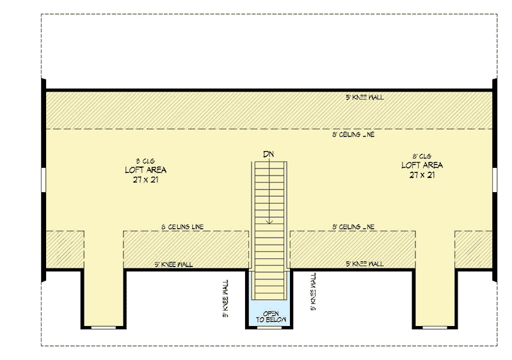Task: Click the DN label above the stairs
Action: click(270, 154)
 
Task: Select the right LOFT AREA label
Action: click(422, 165)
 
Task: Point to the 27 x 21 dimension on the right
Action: click(422, 174)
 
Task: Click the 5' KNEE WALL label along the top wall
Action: click(364, 97)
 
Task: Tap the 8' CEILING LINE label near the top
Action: click(353, 135)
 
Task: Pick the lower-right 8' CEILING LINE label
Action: click(353, 227)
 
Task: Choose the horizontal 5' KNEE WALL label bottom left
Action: click(173, 264)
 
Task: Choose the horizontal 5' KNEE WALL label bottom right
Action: click(364, 264)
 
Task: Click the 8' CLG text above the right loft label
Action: click(422, 155)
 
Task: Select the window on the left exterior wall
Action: click(43, 180)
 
